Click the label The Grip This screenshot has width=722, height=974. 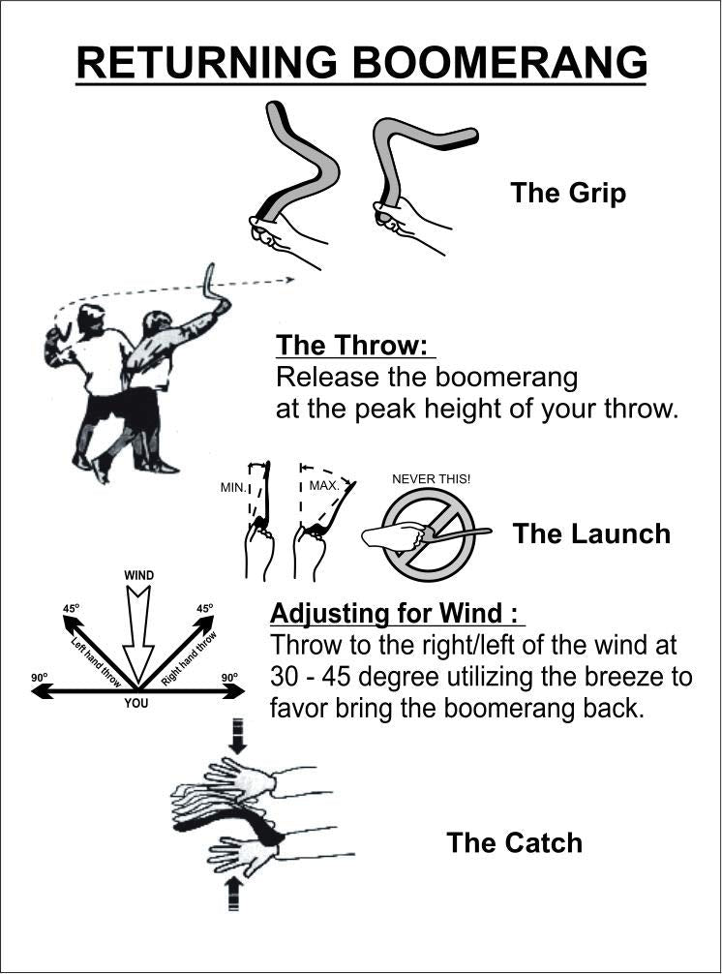coord(568,194)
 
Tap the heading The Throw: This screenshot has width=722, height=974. coord(352,345)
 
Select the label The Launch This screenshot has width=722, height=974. coord(591,534)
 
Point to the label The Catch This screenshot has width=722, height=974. coord(515,843)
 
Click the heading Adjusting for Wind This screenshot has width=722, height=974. coord(394,613)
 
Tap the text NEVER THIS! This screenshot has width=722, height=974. coord(431,479)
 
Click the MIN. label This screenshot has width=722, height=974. coord(233,488)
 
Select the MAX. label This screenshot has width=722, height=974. coord(324,485)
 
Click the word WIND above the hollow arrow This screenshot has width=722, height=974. coord(139,575)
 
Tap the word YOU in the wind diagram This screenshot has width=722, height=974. coord(136,703)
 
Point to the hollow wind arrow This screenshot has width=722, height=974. coord(138,633)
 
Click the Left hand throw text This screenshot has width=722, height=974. coord(96,662)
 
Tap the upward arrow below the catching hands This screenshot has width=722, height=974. coord(233,893)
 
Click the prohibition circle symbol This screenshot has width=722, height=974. coord(429,534)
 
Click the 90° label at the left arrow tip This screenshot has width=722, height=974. coord(39,677)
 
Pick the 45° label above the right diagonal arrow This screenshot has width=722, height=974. coord(205,609)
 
